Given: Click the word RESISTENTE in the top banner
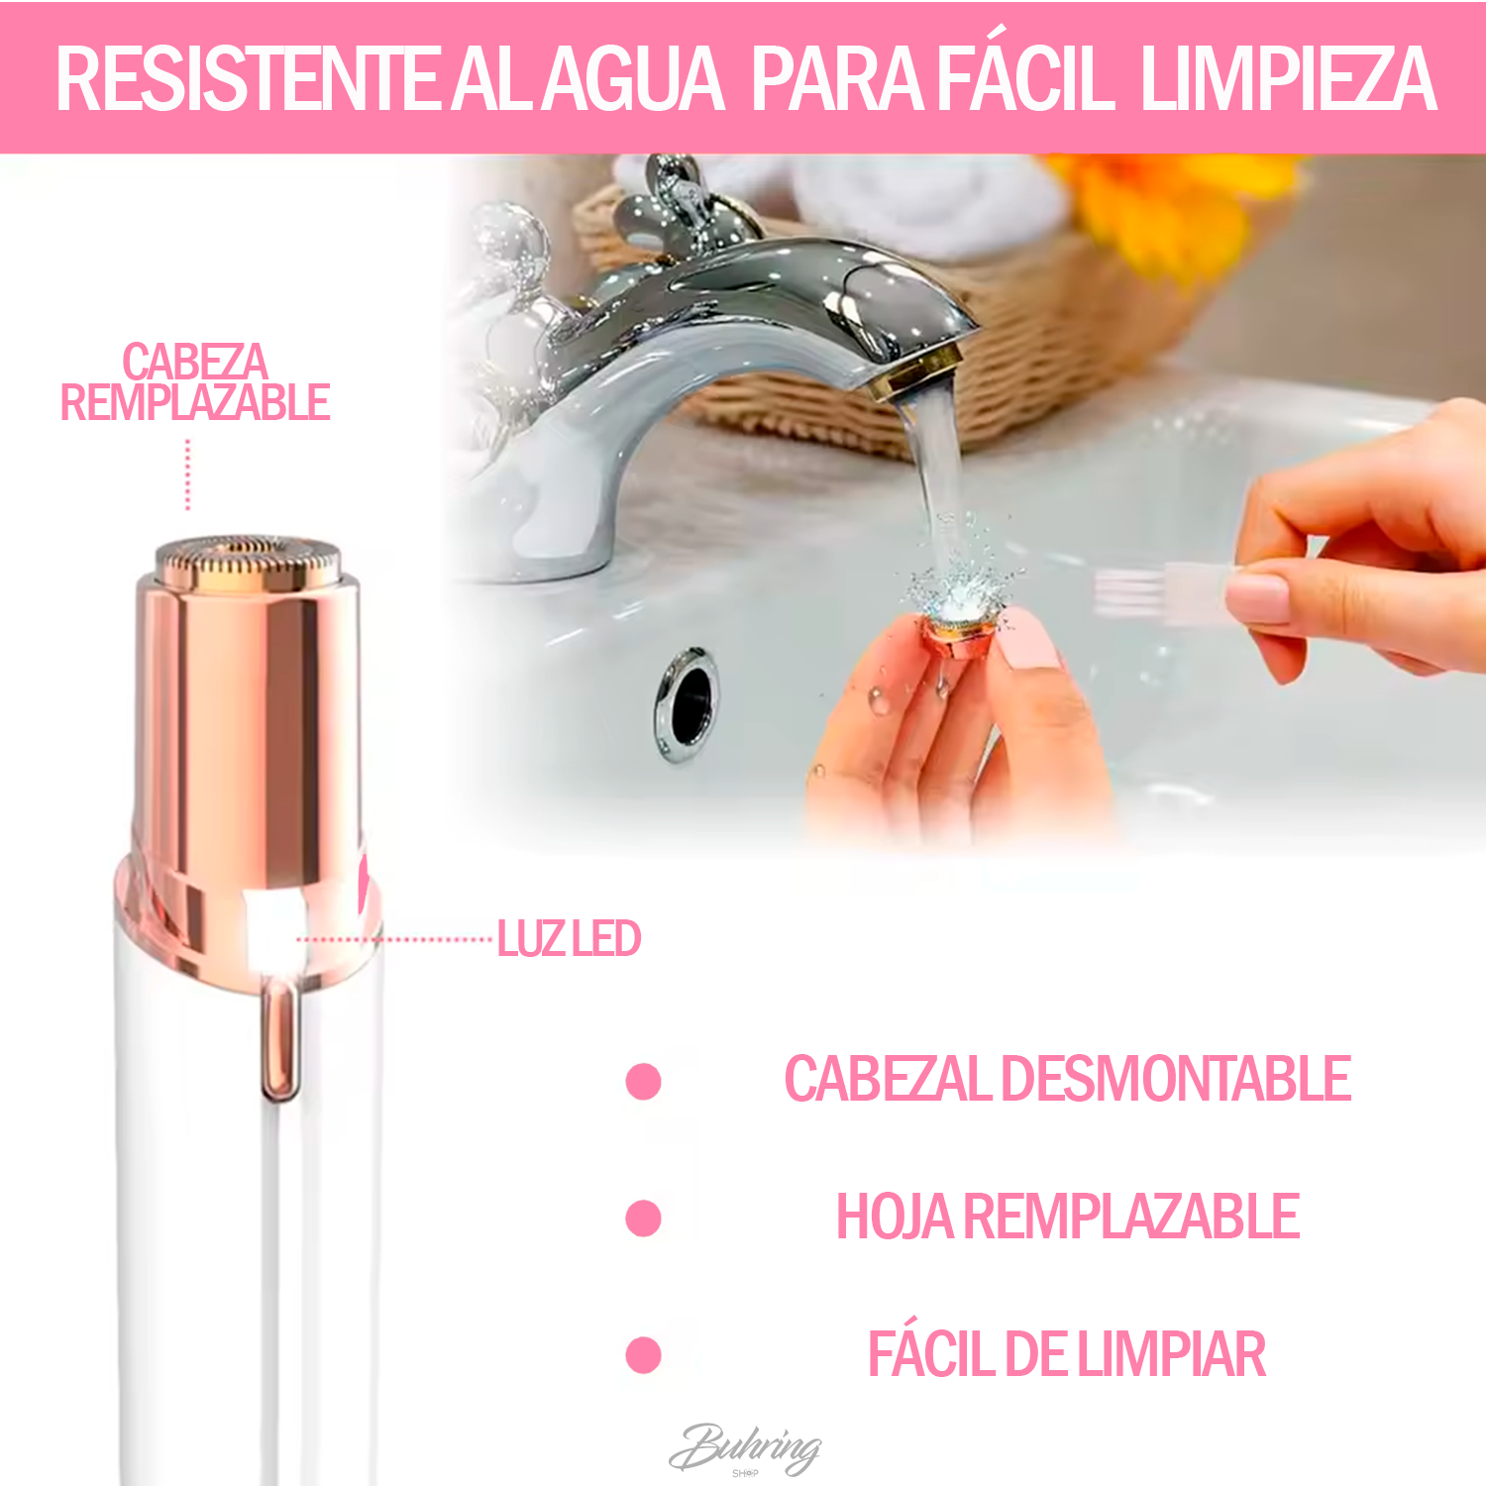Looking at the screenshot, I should pos(248,79).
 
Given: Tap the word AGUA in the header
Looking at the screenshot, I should pos(634,79).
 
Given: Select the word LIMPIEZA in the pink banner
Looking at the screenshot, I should pos(1288,79).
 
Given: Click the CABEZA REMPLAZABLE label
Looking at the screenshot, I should pos(195,382).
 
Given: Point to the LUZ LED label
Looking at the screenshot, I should pos(569,939).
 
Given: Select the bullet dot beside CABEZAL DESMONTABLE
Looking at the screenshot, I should pos(644,1081).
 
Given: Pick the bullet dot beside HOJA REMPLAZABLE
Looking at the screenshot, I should pos(644,1218).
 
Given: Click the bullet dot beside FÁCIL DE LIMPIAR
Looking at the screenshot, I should pos(644,1354).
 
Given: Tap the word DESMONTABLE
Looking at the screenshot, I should pos(1176,1079).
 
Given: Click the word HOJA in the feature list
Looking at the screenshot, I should pos(895,1217).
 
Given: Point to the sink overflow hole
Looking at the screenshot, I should pos(688,703).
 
